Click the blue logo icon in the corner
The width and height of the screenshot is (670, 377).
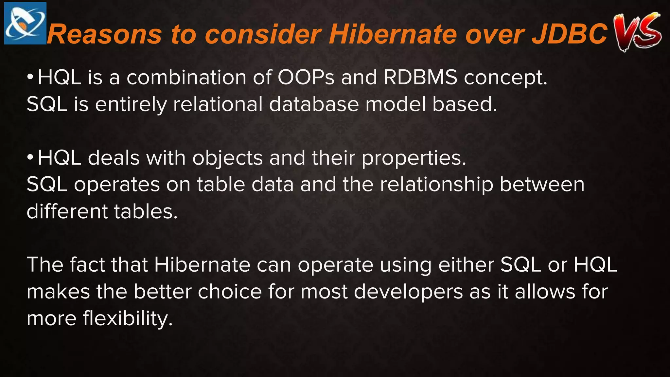pyautogui.click(x=25, y=23)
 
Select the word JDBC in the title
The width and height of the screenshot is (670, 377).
pyautogui.click(x=570, y=34)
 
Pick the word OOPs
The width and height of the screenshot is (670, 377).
pyautogui.click(x=306, y=78)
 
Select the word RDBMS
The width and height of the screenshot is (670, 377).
pyautogui.click(x=420, y=78)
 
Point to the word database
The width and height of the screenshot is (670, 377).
pyautogui.click(x=314, y=104)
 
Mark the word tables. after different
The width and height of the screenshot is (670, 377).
pyautogui.click(x=146, y=211)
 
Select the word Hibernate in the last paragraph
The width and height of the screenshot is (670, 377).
pyautogui.click(x=202, y=264)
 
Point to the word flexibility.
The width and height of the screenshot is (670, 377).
pyautogui.click(x=127, y=319)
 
